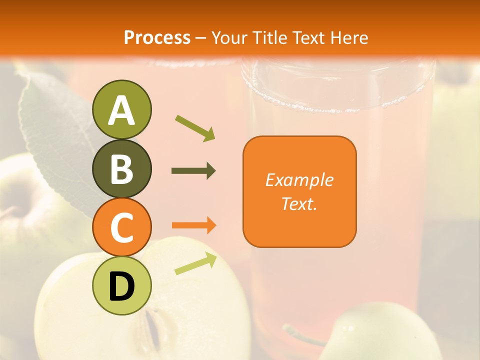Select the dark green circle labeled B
pos(122,169)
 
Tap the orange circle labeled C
pos(122,227)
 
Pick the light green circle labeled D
pos(122,285)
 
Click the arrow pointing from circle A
pos(195,128)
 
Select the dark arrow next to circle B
pos(193,171)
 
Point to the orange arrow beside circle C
pos(194,225)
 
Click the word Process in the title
pos(157,37)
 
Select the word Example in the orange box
pos(299,180)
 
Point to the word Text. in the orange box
pos(299,203)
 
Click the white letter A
pos(122,110)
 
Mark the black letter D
pos(122,287)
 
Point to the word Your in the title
pos(229,37)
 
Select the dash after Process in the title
pos(201,38)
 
